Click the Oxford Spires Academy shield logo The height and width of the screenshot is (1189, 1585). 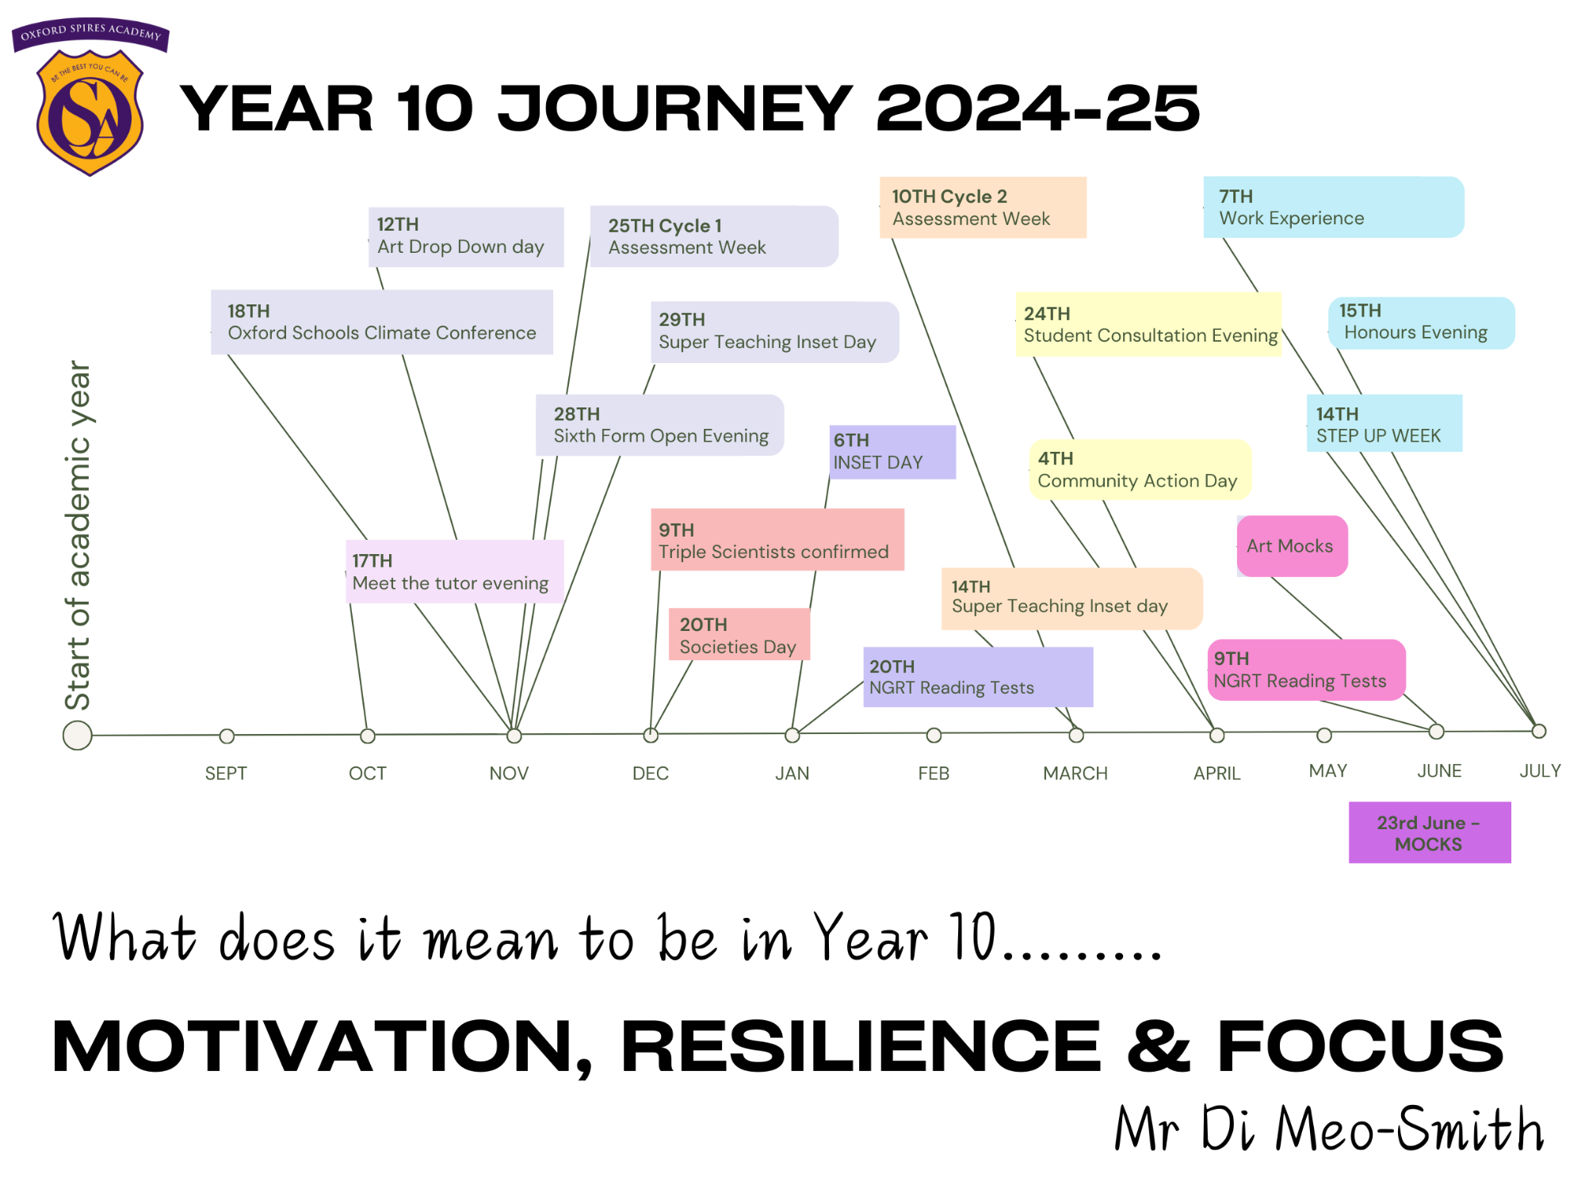pos(90,97)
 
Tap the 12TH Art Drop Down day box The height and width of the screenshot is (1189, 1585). pos(466,237)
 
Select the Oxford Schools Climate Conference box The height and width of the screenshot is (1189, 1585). pos(382,322)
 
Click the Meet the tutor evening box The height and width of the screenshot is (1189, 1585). pos(455,572)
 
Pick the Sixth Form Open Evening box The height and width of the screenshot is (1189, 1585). pos(660,425)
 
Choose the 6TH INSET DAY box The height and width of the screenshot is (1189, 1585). pos(892,452)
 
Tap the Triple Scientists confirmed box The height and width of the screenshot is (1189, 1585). pos(777,540)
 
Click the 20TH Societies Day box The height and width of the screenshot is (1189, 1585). pos(739,634)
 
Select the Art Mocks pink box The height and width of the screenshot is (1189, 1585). pos(1293,546)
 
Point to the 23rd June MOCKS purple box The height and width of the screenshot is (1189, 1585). pos(1430,832)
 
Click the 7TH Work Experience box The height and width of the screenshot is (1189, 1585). pos(1334,207)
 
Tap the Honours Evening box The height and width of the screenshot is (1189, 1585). pos(1422,323)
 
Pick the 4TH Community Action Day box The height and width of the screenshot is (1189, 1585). pos(1140,469)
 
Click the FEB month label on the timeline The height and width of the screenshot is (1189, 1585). pos(934,773)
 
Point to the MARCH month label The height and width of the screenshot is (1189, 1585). pos(1075,773)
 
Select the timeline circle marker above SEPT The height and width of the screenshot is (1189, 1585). pos(227,736)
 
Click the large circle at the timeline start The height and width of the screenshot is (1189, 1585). pos(78,736)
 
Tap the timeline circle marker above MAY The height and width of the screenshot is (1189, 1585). pos(1324,736)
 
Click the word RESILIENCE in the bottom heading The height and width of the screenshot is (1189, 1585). pos(861,1046)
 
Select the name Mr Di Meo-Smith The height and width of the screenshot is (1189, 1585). pos(1330,1129)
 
